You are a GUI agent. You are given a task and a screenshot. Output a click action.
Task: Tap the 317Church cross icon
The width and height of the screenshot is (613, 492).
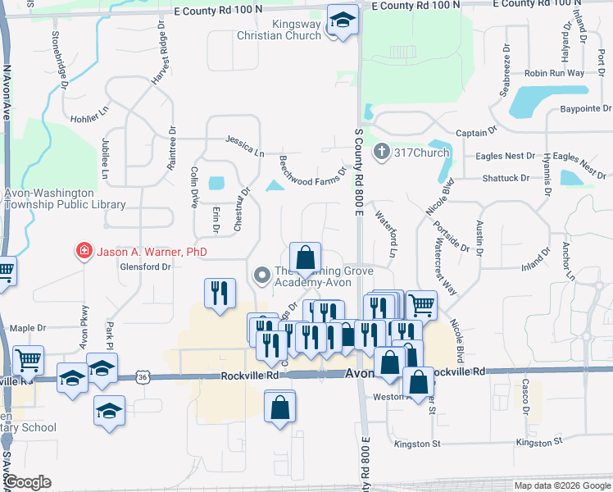380,152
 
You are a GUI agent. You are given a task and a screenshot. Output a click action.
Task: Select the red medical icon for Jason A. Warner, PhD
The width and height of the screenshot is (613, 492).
83,252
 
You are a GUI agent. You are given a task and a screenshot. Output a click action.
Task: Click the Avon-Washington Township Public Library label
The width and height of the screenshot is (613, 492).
65,199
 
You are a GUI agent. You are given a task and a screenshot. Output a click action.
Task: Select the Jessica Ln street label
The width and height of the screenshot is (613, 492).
246,148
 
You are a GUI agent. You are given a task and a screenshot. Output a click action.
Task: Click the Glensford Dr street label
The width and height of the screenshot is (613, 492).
144,266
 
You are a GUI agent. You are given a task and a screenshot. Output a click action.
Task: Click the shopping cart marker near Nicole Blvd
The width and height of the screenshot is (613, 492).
421,305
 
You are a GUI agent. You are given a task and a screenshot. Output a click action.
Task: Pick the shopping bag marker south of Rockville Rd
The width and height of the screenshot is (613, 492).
279,407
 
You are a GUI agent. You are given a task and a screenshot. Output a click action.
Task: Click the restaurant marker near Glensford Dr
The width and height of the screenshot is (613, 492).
220,294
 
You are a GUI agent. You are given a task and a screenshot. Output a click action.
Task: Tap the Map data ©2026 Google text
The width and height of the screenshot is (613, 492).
562,485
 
